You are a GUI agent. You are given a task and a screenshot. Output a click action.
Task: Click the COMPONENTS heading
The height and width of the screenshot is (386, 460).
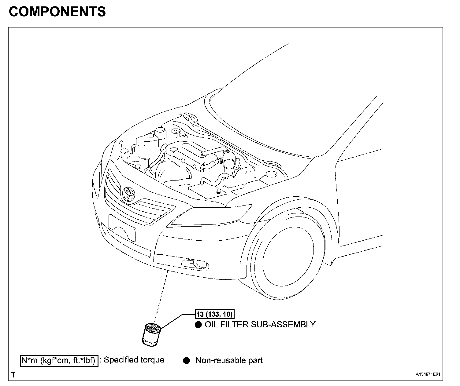tap(57, 12)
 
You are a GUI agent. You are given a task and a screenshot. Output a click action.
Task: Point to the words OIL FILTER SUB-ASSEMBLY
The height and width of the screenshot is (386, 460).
tap(260, 324)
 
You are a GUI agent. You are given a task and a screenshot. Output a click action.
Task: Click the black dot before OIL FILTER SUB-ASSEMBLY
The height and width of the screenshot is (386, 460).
tap(198, 325)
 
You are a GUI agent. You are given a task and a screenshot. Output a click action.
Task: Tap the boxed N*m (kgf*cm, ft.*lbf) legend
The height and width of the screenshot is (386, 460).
tap(59, 360)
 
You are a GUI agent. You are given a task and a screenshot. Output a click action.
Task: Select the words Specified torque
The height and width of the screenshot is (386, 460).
tap(134, 360)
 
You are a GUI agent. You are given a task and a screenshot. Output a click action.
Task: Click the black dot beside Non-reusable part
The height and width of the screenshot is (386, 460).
tap(186, 361)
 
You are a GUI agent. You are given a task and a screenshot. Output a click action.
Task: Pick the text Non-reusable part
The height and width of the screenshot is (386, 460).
tap(229, 361)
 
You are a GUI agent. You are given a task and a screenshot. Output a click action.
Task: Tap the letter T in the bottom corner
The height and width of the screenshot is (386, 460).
tap(13, 375)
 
